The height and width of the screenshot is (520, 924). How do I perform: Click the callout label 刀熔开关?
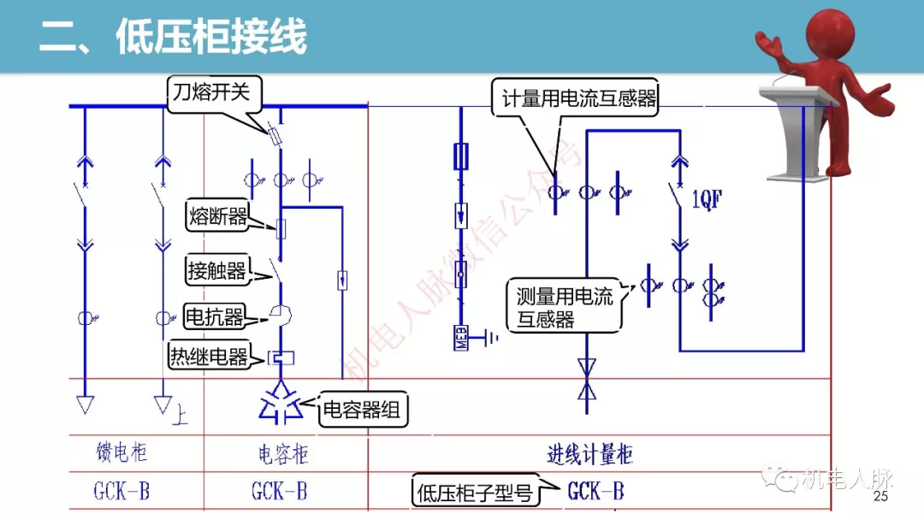(210, 92)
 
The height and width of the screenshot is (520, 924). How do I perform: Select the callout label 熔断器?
(217, 216)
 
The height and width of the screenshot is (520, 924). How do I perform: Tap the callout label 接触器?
(217, 272)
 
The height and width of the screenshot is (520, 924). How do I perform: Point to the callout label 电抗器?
(214, 317)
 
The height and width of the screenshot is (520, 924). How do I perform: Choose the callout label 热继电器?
(210, 356)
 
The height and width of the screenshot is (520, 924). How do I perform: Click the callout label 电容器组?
(360, 411)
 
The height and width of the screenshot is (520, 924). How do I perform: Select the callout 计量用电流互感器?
(578, 99)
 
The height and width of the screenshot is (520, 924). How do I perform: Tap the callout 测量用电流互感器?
(565, 308)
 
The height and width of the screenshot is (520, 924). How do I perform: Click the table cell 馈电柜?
(121, 452)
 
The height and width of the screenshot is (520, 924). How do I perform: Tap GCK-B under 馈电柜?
(121, 492)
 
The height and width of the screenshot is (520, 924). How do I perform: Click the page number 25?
(881, 498)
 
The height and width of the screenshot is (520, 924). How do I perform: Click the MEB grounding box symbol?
(463, 339)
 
